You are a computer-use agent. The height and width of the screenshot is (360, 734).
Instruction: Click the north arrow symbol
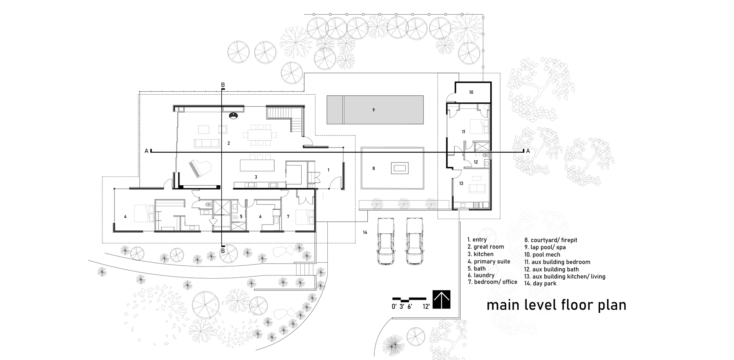click(x=442, y=300)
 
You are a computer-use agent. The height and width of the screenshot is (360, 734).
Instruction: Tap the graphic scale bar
click(x=409, y=299)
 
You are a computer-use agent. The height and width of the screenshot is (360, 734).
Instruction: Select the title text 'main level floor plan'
click(x=556, y=305)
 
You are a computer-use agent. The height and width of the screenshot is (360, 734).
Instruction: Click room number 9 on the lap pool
click(x=373, y=110)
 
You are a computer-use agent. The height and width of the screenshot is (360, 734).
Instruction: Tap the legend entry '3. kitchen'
click(x=480, y=254)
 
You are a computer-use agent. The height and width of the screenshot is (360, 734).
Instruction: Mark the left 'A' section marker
click(x=146, y=151)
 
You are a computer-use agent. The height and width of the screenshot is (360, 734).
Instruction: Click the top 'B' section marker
click(x=223, y=85)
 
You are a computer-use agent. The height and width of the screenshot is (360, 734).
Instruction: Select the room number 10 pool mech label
click(x=471, y=92)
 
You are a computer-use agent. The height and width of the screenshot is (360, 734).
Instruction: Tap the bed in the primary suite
click(x=141, y=214)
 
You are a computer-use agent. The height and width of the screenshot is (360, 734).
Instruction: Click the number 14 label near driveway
click(x=365, y=232)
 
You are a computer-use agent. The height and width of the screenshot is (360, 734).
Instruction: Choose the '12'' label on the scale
click(x=426, y=306)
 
